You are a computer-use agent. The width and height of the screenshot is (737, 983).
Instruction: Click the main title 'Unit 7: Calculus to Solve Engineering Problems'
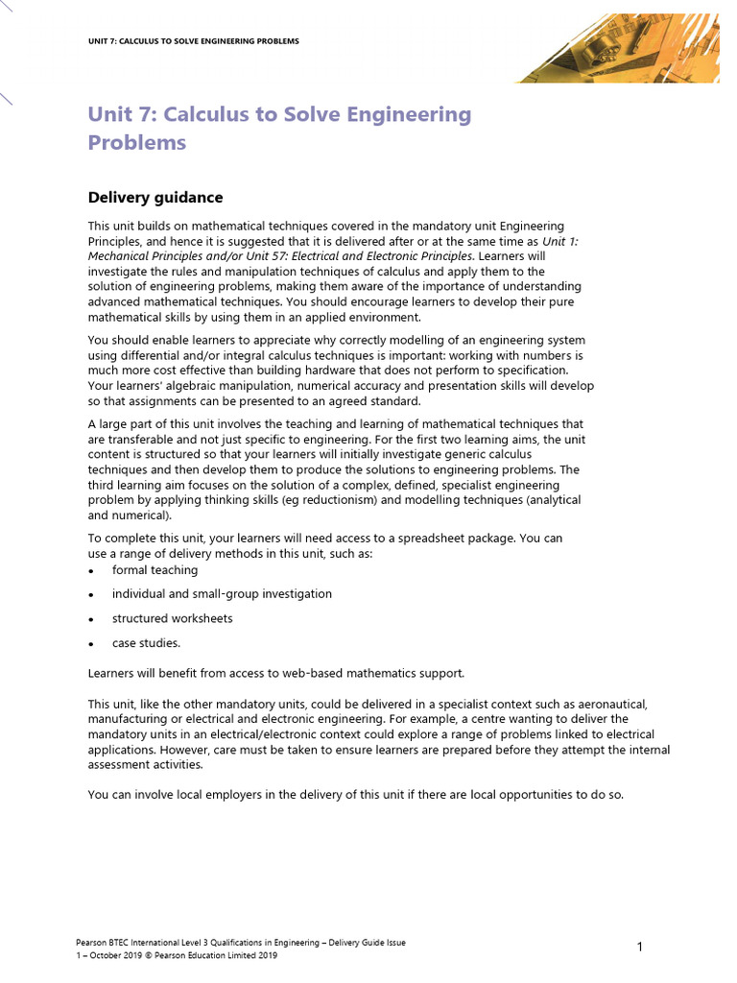[x=279, y=129]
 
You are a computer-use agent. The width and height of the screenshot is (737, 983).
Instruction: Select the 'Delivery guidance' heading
[x=155, y=198]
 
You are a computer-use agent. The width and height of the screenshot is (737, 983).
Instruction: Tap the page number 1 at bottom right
[x=639, y=948]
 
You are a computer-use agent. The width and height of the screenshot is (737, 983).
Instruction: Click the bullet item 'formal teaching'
[x=155, y=570]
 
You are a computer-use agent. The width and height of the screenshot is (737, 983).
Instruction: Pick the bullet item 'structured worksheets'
[x=172, y=619]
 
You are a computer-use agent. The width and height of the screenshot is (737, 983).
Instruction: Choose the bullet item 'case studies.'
[x=146, y=643]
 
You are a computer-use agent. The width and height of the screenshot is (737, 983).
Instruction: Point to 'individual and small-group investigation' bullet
[x=222, y=594]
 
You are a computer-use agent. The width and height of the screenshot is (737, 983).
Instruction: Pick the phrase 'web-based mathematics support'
[x=373, y=672]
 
